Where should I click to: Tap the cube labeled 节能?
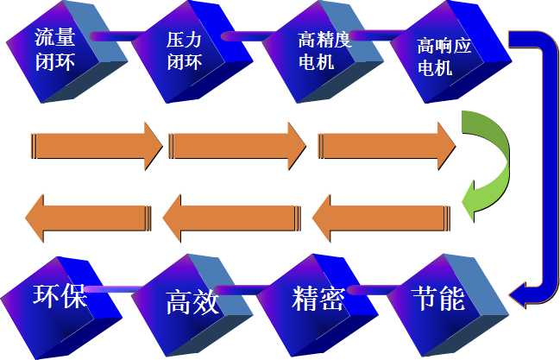pos(440,301)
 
